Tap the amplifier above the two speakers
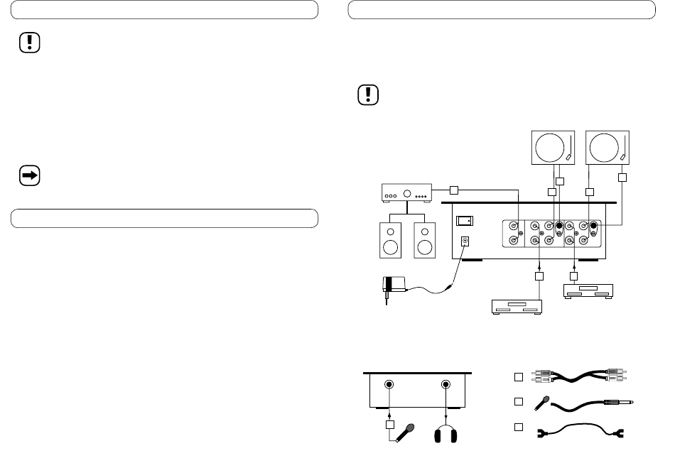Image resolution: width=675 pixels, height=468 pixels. point(403,193)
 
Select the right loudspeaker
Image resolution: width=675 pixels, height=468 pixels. point(423,239)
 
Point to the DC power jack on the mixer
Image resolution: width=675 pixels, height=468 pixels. point(465,242)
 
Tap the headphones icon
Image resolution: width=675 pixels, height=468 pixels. point(445,433)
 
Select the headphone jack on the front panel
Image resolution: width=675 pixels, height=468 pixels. point(445,386)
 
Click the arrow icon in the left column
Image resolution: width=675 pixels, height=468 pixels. point(30,175)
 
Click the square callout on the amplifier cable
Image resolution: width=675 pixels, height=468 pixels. point(453,190)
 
